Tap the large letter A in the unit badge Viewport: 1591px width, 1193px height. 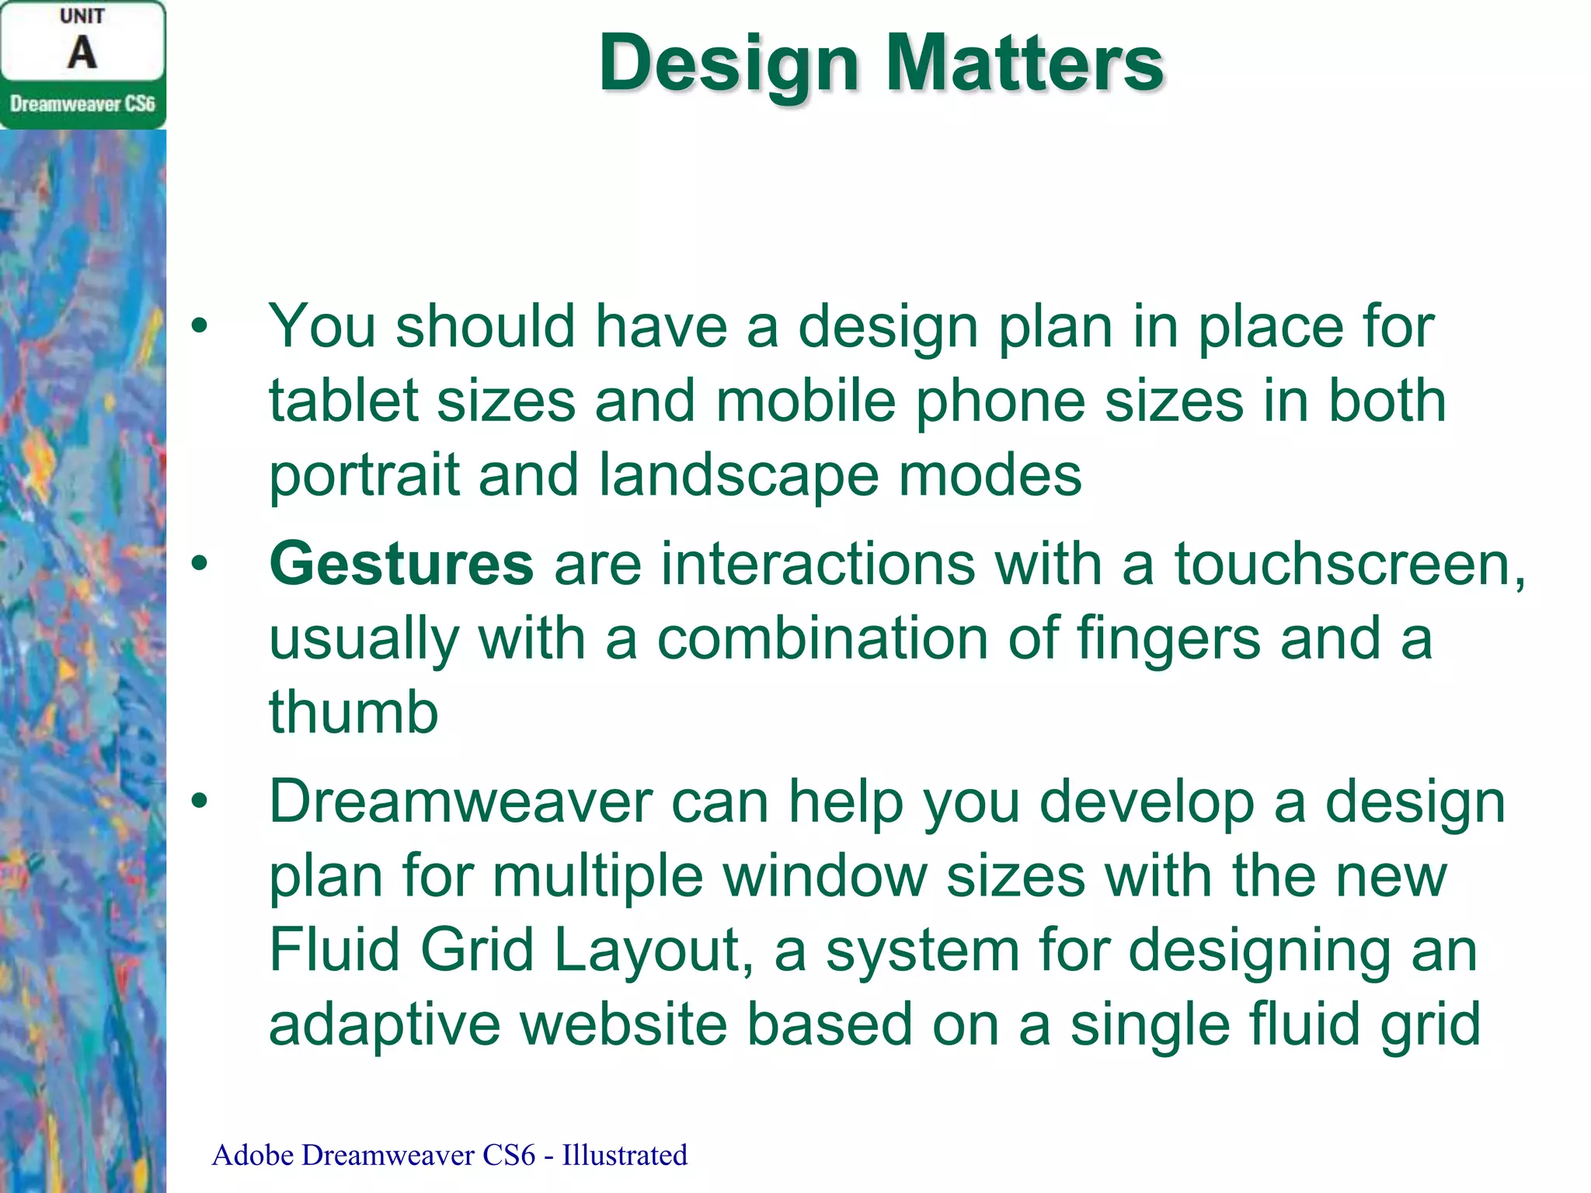click(82, 53)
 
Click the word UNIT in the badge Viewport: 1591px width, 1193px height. click(82, 16)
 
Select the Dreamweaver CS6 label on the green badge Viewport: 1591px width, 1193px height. click(82, 103)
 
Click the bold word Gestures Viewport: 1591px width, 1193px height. click(401, 564)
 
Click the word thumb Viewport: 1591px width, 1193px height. click(353, 712)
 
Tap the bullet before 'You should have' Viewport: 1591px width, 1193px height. click(200, 326)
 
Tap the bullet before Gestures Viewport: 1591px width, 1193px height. click(200, 564)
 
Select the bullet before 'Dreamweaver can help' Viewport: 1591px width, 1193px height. click(200, 802)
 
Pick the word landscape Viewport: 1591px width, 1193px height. click(738, 475)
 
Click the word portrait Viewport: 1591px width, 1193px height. click(364, 475)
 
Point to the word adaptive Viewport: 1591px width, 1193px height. click(385, 1024)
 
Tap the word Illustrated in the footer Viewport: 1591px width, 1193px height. click(625, 1155)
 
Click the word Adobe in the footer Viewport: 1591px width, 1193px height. click(252, 1155)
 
